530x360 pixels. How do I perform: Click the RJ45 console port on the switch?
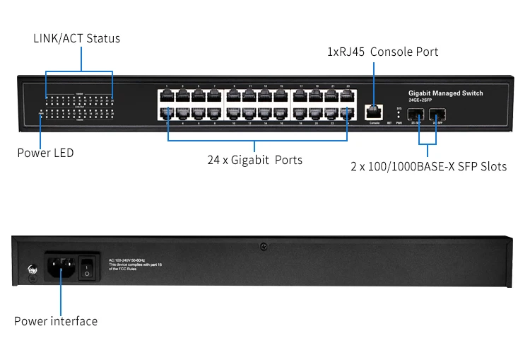tap(375, 111)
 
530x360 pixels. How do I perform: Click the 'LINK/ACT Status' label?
tap(76, 38)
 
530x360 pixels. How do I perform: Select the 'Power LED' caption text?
tap(45, 153)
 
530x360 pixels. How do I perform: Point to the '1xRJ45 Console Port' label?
tap(382, 52)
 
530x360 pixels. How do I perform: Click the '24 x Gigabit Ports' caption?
tap(254, 160)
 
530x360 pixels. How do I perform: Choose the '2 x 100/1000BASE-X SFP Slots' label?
tap(429, 167)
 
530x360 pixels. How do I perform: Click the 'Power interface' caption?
tap(56, 321)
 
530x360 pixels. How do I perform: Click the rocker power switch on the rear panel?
tap(87, 267)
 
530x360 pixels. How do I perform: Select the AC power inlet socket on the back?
tap(60, 267)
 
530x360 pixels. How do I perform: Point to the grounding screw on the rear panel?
tap(31, 269)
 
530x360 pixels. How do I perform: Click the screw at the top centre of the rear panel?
tap(263, 247)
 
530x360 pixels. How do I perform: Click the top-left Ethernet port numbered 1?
tap(167, 96)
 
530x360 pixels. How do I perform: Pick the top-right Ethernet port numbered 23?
tap(346, 96)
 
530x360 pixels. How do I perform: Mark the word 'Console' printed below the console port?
tap(375, 123)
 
